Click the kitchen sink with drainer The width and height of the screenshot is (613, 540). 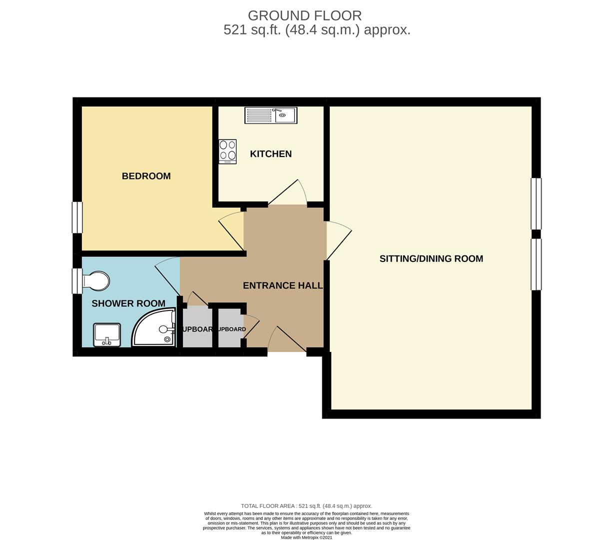click(270, 115)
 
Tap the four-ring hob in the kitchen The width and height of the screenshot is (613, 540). click(227, 151)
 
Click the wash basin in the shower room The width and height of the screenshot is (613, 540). click(107, 335)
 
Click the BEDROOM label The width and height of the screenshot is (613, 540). click(146, 176)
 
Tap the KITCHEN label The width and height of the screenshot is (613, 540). click(271, 154)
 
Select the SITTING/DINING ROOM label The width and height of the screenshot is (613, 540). click(431, 258)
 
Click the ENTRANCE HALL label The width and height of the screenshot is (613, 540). click(282, 285)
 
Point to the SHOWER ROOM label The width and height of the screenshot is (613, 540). click(128, 303)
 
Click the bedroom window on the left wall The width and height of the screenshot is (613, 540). click(77, 217)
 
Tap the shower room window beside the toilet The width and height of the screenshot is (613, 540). click(76, 281)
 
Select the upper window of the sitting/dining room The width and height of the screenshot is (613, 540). click(536, 203)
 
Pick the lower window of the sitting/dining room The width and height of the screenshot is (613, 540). click(536, 264)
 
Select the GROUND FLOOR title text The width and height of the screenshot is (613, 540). click(305, 16)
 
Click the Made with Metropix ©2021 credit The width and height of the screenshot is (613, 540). click(306, 537)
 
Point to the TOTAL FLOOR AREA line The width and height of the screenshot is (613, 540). click(306, 506)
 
